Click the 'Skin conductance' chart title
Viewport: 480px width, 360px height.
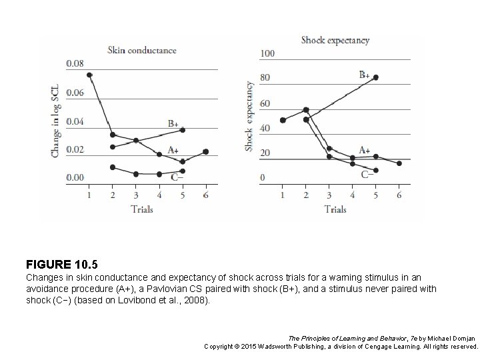142,49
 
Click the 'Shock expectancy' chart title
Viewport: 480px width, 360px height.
335,40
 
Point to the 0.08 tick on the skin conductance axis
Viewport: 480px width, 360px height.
75,63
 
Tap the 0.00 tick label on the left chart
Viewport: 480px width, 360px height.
75,177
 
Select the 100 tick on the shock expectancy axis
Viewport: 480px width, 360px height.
267,53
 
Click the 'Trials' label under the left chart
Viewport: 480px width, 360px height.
142,209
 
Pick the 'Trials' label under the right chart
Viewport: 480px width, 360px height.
335,209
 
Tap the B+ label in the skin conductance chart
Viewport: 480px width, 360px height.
173,123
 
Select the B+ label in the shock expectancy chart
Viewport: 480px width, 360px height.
365,75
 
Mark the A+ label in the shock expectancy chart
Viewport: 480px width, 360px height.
365,150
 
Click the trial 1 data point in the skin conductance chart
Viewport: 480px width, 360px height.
89,75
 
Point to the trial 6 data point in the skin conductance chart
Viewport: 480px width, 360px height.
206,152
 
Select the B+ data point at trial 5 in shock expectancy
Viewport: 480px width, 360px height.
376,77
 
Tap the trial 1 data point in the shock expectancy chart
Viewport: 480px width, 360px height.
283,120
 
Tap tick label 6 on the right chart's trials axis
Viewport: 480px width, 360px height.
399,195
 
